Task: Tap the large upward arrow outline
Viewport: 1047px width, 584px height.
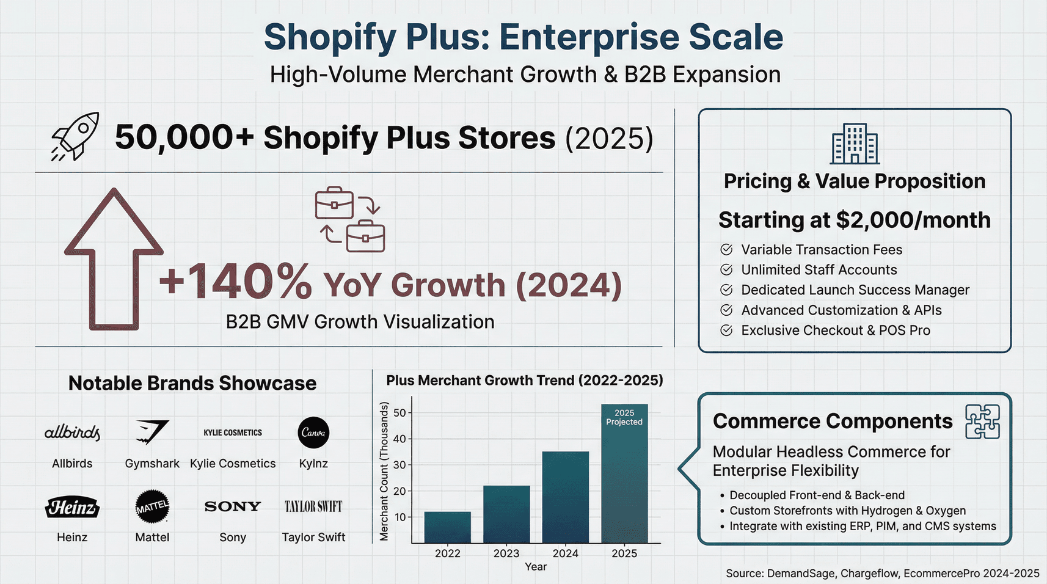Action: pos(114,259)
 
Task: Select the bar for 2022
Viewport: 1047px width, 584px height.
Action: pos(448,527)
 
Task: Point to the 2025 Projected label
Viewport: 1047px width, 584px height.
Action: pos(624,417)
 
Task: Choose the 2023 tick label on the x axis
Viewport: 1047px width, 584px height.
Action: pos(506,553)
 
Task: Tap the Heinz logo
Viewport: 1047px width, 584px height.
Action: pos(72,507)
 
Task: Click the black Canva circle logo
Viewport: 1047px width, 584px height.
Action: pos(313,433)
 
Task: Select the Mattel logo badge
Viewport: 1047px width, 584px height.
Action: pos(152,506)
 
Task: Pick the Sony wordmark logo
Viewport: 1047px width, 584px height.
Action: pos(233,506)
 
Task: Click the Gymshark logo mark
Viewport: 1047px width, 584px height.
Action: pos(152,432)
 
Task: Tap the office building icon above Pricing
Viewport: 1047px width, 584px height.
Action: pos(855,144)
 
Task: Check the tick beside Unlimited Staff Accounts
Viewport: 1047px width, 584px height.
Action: pos(726,269)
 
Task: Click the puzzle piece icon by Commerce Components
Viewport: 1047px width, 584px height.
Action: pos(982,422)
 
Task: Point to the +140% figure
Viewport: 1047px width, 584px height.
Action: pos(236,282)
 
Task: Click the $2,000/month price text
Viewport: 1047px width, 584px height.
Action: pos(913,220)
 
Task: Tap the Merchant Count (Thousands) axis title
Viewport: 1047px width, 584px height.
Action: pos(384,470)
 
